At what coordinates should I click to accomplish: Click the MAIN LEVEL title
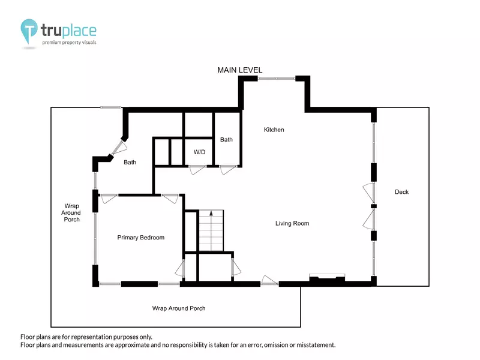pyautogui.click(x=239, y=70)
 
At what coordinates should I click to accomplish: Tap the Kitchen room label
pyautogui.click(x=274, y=130)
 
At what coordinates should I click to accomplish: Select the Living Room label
pyautogui.click(x=292, y=223)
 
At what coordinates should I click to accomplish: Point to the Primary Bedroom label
pyautogui.click(x=141, y=238)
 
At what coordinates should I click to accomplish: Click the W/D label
pyautogui.click(x=199, y=152)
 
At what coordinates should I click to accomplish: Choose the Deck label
pyautogui.click(x=401, y=192)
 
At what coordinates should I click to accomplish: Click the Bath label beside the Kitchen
pyautogui.click(x=226, y=140)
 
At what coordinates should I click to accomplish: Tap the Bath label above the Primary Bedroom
pyautogui.click(x=130, y=162)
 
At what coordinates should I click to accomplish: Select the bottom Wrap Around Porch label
pyautogui.click(x=179, y=308)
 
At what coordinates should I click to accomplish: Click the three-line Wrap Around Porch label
pyautogui.click(x=71, y=213)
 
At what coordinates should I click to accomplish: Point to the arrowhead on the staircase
pyautogui.click(x=211, y=213)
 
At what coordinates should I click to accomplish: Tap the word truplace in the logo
pyautogui.click(x=68, y=31)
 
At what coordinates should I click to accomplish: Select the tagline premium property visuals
pyautogui.click(x=69, y=43)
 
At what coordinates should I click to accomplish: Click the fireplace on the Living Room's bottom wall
pyautogui.click(x=327, y=278)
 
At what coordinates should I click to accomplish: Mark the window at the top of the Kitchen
pyautogui.click(x=277, y=79)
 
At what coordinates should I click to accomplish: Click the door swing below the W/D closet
pyautogui.click(x=197, y=170)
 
